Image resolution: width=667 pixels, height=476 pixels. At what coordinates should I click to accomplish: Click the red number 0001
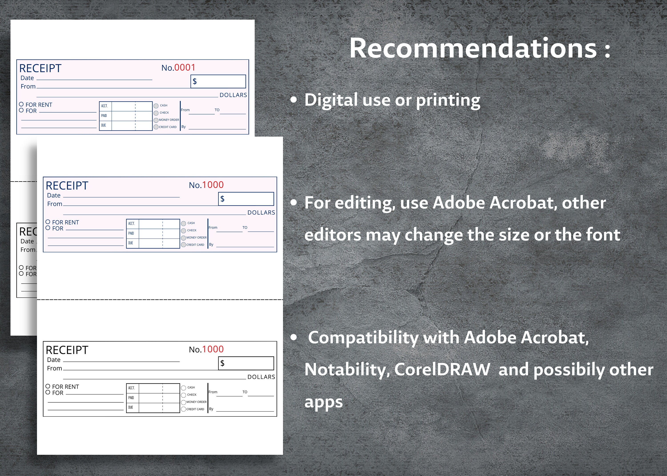[x=185, y=68]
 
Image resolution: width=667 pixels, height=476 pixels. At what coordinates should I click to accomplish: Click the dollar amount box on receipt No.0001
[x=218, y=81]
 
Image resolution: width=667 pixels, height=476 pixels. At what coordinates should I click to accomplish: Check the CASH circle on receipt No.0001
[x=156, y=106]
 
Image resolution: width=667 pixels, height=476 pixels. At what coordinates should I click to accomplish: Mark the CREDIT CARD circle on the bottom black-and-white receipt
[x=184, y=409]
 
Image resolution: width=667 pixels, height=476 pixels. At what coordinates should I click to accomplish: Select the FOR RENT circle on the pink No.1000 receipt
[x=48, y=222]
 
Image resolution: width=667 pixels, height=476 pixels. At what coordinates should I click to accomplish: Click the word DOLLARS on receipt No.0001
[x=233, y=95]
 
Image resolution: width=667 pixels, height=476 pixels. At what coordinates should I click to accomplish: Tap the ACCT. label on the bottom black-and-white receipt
[x=131, y=388]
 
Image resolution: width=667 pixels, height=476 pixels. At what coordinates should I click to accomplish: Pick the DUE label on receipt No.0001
[x=104, y=125]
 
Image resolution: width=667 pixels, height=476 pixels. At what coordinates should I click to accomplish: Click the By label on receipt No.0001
[x=184, y=127]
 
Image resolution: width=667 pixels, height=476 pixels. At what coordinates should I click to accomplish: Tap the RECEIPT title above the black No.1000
[x=67, y=350]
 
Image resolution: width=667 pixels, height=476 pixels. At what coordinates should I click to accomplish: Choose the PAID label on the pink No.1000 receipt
[x=131, y=233]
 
